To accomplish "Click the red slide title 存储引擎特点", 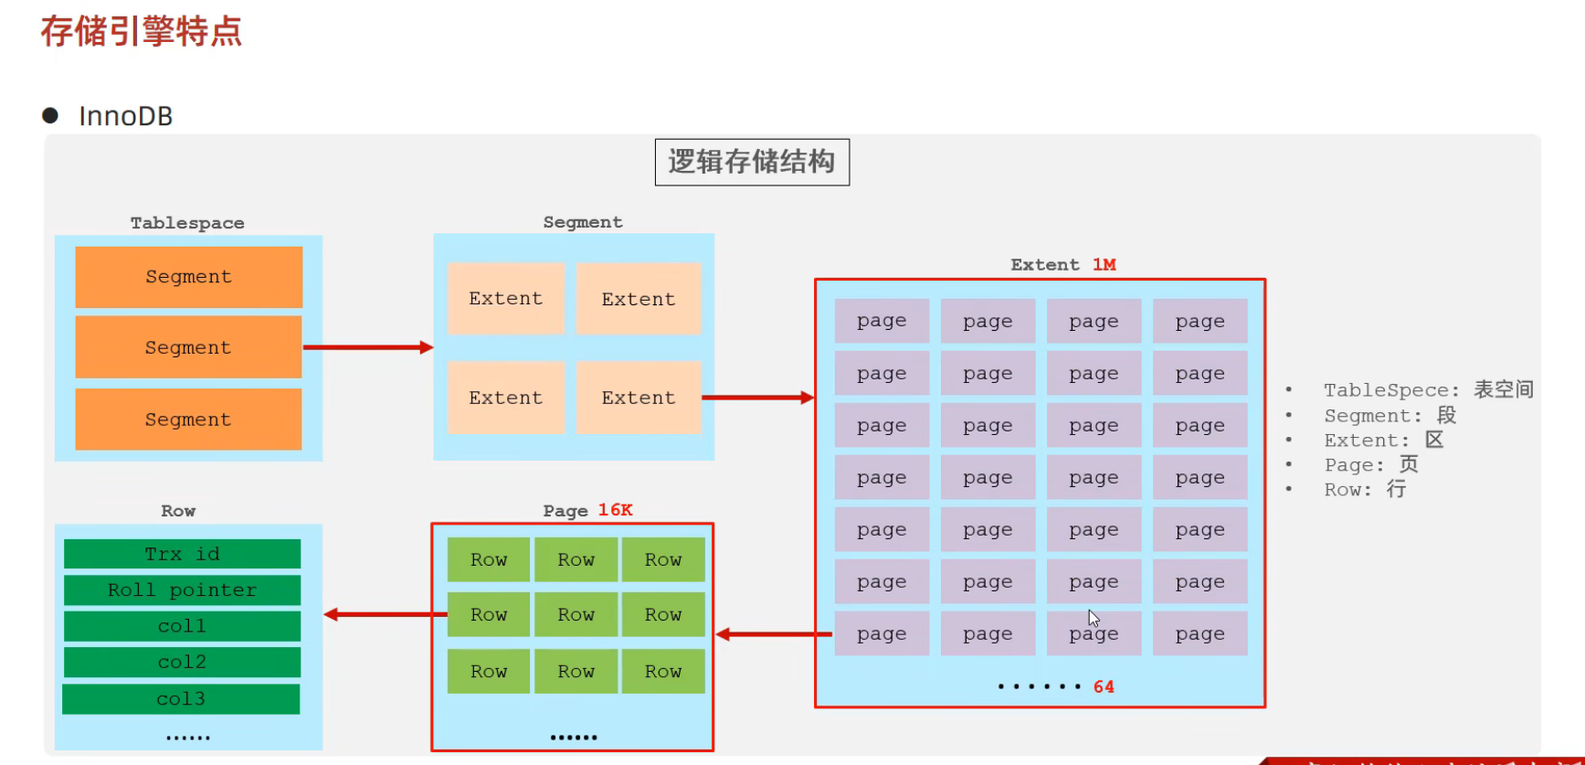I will click(x=142, y=31).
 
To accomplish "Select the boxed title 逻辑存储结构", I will click(x=752, y=162).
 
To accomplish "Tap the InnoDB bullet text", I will click(x=125, y=116).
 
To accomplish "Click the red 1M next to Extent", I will click(x=1104, y=264).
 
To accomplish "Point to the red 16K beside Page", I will click(x=615, y=510).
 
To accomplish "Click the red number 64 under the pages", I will click(x=1104, y=686).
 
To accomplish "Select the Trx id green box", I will click(x=182, y=554).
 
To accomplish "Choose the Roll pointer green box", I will click(x=182, y=590).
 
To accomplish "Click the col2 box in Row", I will click(x=182, y=662).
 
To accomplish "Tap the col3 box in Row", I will click(x=181, y=699).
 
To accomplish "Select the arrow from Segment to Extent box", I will click(x=757, y=398).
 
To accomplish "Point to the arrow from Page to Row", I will click(x=384, y=614).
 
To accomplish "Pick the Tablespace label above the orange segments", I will click(x=187, y=223).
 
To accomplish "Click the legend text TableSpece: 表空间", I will click(x=1429, y=390).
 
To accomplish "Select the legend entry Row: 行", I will click(x=1365, y=490).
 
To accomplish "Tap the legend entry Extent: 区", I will click(x=1383, y=441).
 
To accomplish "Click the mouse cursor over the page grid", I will click(x=1094, y=618).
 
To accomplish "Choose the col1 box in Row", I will click(x=182, y=626).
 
